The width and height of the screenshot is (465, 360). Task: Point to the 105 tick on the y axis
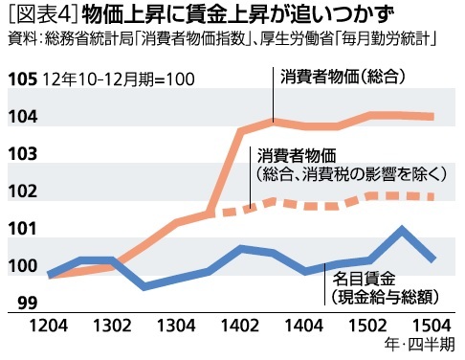pyautogui.click(x=19, y=79)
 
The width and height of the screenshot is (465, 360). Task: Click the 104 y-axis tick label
pyautogui.click(x=19, y=116)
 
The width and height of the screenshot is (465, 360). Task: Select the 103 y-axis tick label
pyautogui.click(x=19, y=153)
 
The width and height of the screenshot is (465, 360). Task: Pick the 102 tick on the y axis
pyautogui.click(x=19, y=191)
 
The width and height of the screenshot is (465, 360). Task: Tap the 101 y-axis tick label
pyautogui.click(x=19, y=228)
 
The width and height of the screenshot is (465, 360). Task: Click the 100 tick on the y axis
pyautogui.click(x=19, y=265)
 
